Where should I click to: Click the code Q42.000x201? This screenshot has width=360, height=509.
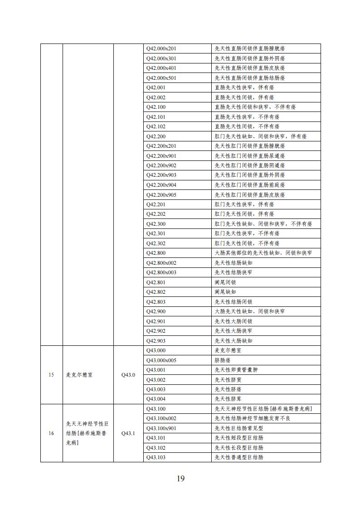(x=161, y=48)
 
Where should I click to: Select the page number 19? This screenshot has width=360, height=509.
(x=180, y=479)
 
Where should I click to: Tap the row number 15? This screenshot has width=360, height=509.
(x=51, y=375)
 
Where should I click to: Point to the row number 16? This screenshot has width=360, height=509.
(x=51, y=433)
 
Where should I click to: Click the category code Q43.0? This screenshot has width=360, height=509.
(x=128, y=375)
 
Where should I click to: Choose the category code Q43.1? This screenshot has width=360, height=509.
(x=128, y=433)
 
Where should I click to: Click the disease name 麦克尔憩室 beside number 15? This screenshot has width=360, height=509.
(x=79, y=375)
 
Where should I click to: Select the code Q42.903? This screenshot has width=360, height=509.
(x=156, y=340)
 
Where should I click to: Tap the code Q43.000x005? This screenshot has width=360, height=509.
(x=161, y=360)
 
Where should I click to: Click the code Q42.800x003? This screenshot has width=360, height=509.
(x=161, y=272)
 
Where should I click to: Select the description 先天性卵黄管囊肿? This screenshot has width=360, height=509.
(x=236, y=370)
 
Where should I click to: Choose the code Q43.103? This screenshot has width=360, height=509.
(x=156, y=457)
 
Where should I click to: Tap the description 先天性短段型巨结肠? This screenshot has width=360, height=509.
(x=239, y=438)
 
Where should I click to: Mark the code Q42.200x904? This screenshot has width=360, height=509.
(x=161, y=185)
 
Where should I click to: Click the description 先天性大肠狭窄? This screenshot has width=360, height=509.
(x=234, y=331)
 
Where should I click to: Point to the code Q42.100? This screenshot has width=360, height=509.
(x=156, y=107)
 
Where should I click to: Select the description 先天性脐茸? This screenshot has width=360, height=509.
(x=228, y=399)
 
